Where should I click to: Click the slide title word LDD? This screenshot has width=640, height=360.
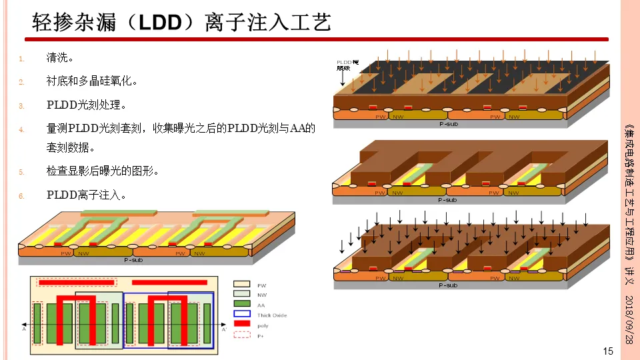tap(160, 23)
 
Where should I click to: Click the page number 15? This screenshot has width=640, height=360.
tap(607, 351)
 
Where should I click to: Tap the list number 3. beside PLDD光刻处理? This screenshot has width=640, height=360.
tap(21, 105)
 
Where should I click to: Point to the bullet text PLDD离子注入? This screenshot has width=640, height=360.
tap(86, 195)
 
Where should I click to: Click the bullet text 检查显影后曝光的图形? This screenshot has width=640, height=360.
tap(101, 171)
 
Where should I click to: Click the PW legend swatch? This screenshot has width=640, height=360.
tap(241, 285)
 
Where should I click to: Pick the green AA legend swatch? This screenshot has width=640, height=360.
tap(241, 304)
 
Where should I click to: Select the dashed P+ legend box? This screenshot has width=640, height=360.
tap(241, 335)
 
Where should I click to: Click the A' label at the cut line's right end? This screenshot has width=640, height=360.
tap(224, 329)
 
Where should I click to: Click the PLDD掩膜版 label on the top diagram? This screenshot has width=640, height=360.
tap(346, 65)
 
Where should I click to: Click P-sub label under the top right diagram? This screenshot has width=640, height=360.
tap(447, 124)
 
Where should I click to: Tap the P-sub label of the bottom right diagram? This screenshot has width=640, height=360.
tap(447, 285)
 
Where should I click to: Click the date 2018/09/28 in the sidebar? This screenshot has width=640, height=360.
tap(628, 321)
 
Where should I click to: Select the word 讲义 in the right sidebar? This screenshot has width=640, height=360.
tap(628, 276)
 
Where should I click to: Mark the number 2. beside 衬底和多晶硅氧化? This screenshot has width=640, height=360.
tap(21, 82)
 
